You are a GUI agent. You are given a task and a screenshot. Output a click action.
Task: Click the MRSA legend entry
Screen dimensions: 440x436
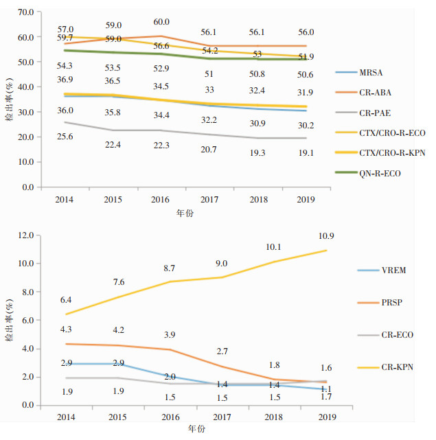371,72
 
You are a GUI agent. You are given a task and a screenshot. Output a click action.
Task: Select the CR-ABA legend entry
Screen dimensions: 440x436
375,92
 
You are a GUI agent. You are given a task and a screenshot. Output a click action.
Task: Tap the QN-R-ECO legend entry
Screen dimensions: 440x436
379,174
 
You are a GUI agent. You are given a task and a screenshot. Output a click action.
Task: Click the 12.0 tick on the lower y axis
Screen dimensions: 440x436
25,235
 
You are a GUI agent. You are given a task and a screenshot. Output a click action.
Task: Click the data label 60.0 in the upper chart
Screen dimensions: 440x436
161,22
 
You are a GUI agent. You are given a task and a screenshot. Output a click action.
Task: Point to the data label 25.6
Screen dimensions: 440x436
65,137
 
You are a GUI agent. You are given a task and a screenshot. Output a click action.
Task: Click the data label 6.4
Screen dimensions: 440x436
65,300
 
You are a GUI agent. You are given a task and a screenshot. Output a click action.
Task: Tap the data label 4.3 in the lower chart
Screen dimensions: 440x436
65,329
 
